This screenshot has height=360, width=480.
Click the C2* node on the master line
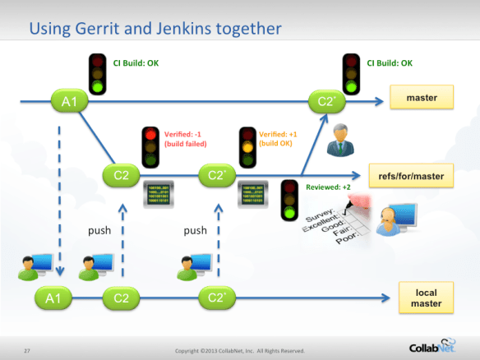coord(324,102)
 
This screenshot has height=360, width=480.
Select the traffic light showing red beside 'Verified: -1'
coord(150,145)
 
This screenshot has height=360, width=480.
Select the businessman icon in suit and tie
coord(338,141)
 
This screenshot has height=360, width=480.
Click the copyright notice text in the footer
coord(239,351)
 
